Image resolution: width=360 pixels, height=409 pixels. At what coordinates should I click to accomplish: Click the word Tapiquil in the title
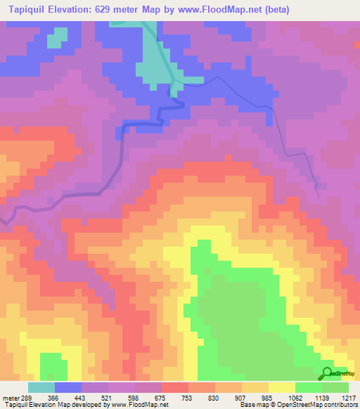pyautogui.click(x=29, y=9)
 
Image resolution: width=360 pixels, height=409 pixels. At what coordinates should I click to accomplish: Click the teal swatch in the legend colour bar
pyautogui.click(x=41, y=388)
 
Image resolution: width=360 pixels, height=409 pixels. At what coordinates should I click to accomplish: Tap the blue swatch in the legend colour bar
pyautogui.click(x=68, y=388)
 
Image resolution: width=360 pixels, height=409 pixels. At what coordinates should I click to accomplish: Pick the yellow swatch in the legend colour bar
pyautogui.click(x=282, y=388)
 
